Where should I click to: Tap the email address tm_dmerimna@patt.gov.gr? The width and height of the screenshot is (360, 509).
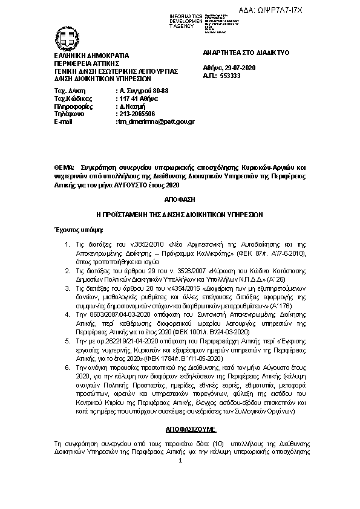tap(155, 122)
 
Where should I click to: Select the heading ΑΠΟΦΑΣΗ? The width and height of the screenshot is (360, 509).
tap(180, 198)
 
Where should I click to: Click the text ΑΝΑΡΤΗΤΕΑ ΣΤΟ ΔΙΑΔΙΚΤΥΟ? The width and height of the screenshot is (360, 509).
tap(237, 53)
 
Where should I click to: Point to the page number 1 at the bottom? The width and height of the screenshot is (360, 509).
tap(180, 462)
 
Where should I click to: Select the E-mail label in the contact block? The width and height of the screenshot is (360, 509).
tap(64, 122)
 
